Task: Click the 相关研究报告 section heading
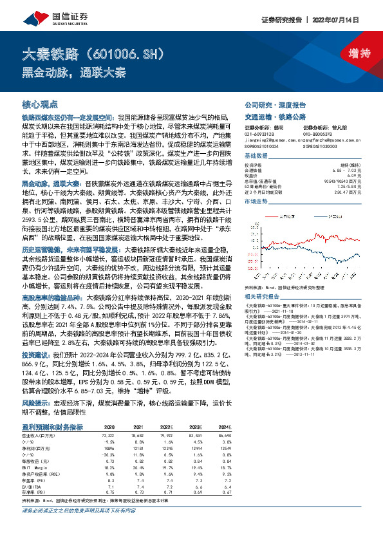pyautogui.click(x=263, y=277)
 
